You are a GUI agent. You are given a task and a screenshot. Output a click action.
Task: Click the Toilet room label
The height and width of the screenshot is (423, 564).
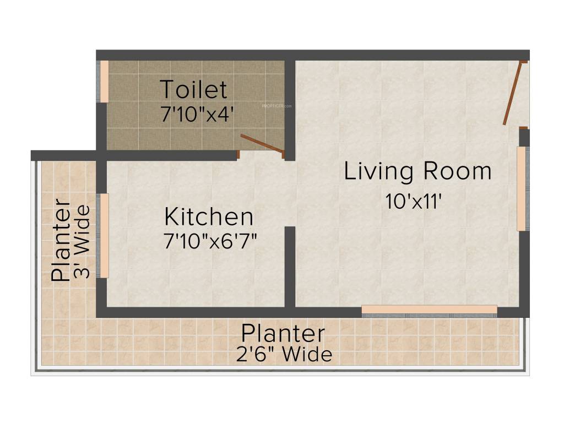(193, 89)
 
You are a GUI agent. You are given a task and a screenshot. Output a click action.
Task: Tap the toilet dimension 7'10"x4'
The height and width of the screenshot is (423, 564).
(198, 114)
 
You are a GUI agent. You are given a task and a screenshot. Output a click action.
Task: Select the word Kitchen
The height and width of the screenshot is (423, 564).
(209, 217)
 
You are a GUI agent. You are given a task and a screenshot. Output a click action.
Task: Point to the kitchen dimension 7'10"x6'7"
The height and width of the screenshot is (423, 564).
(211, 241)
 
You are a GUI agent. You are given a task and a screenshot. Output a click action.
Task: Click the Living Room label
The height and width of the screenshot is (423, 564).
(417, 171)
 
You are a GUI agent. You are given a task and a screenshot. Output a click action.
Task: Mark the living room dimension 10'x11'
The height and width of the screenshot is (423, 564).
(414, 201)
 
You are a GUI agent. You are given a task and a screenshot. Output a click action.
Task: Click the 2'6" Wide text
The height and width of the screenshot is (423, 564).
(284, 354)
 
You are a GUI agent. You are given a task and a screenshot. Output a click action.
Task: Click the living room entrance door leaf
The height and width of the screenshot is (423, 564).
(512, 94)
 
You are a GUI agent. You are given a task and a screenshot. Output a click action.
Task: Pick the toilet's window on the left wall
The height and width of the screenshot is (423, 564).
(104, 81)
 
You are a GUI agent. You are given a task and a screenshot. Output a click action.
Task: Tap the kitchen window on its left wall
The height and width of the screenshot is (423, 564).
(104, 235)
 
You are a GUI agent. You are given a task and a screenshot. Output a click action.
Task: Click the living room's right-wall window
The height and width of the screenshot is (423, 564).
(521, 188)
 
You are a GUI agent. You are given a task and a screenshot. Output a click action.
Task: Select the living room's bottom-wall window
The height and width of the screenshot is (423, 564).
(430, 310)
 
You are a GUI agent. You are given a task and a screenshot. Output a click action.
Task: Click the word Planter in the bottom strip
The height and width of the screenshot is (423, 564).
(283, 333)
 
